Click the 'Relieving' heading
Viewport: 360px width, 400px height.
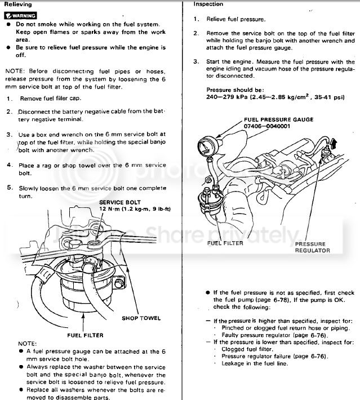point(19,5)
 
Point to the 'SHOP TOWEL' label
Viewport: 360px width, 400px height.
point(141,318)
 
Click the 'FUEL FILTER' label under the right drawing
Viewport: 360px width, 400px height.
point(225,243)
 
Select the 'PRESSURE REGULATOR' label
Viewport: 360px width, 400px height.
point(312,247)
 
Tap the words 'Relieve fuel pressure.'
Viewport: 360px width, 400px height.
point(230,19)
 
